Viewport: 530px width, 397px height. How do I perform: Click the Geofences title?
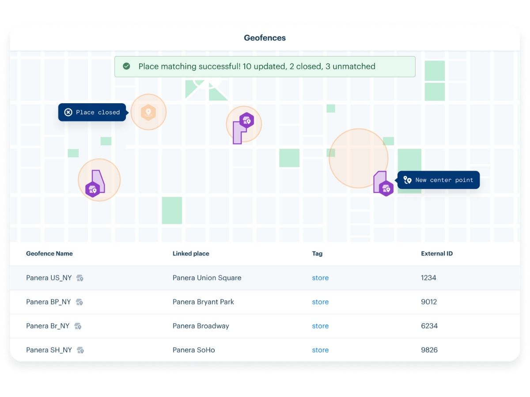265,38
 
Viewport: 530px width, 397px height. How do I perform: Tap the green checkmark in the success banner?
126,66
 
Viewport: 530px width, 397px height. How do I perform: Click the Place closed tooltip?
92,112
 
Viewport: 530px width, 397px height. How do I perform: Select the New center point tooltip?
438,180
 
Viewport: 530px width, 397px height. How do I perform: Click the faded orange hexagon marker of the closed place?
148,112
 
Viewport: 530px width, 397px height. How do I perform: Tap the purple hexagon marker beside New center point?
386,188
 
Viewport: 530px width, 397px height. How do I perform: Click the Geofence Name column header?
49,254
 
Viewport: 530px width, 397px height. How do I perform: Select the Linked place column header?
191,254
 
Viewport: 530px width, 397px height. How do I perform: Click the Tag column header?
317,254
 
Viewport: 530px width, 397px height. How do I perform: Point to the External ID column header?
437,254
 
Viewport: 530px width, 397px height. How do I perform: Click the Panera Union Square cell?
207,278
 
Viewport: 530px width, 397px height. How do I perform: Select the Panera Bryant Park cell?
203,302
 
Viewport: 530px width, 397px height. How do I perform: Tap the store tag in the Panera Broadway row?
320,326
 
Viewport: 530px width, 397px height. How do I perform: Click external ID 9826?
429,350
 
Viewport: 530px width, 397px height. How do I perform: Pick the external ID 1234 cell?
428,278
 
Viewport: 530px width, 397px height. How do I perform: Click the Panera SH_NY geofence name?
49,350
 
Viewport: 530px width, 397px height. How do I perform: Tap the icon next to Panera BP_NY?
79,302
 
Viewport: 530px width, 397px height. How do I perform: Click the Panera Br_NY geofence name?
48,326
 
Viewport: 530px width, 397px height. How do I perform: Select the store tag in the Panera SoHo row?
320,350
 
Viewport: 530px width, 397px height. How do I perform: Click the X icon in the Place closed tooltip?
68,112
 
